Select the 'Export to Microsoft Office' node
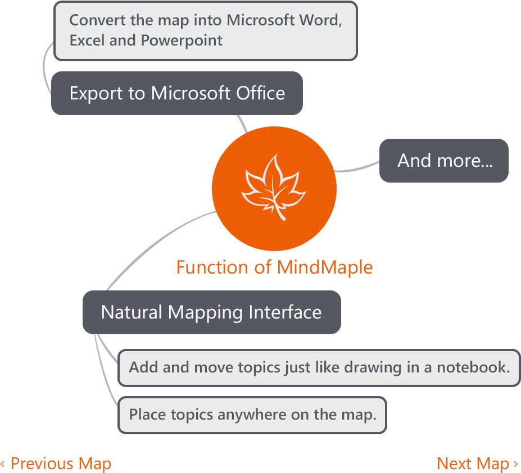[177, 93]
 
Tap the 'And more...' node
[444, 161]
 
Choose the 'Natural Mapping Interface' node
[211, 312]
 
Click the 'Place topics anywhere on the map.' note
[252, 415]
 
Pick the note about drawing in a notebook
[319, 368]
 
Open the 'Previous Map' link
[60, 463]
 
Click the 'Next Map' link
[473, 463]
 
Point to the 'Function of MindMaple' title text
[274, 267]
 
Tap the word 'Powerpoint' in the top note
[182, 40]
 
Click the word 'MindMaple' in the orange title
[324, 267]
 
